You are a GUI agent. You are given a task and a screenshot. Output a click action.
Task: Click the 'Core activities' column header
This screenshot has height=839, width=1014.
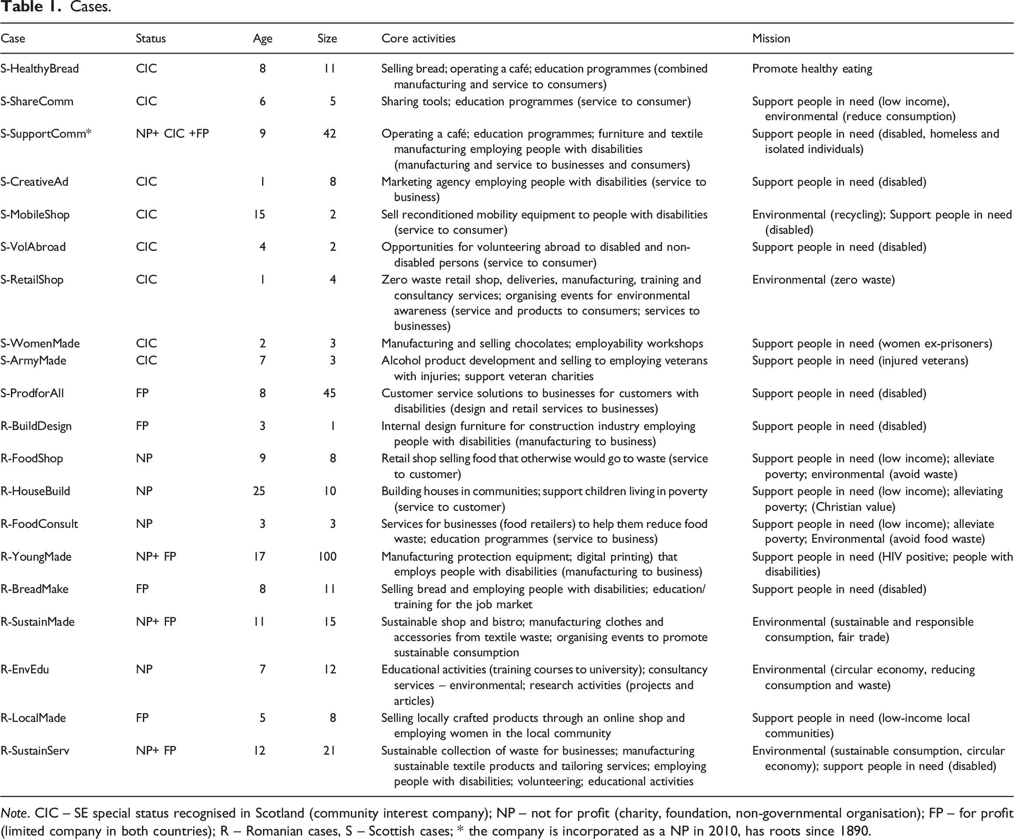[x=418, y=38]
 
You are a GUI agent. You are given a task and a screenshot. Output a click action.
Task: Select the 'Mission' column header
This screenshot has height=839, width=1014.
[x=771, y=38]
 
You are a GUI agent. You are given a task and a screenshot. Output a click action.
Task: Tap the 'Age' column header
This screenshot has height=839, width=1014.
[x=263, y=38]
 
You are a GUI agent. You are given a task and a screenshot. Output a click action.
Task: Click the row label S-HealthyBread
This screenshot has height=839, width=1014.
[x=40, y=69]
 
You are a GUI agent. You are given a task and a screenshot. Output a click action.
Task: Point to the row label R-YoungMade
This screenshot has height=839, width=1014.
[x=36, y=556]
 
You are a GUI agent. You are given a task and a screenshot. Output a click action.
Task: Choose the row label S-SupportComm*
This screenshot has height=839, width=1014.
[x=46, y=134]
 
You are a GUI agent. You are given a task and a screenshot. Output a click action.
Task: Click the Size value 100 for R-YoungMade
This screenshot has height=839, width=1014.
[x=327, y=556]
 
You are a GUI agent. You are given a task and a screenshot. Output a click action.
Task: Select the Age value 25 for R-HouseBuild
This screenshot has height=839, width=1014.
[x=260, y=491]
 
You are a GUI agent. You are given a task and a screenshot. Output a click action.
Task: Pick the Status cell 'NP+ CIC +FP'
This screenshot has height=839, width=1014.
[x=173, y=134]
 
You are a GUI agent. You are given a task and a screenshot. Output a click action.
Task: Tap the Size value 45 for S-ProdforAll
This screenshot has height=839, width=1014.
[x=329, y=393]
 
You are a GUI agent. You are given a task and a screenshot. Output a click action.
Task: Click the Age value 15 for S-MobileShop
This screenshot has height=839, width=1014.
[x=260, y=215]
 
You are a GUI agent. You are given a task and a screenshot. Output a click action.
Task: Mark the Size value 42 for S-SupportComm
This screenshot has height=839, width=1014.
[x=329, y=134]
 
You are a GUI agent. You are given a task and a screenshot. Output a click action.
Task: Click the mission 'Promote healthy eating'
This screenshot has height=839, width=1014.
[x=812, y=69]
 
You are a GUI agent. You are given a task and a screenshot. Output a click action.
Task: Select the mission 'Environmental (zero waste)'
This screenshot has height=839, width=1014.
[x=823, y=280]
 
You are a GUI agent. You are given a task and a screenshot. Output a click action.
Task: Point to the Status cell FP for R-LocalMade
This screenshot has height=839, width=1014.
[x=142, y=718]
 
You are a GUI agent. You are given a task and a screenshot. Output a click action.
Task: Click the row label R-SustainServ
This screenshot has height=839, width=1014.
[x=35, y=751]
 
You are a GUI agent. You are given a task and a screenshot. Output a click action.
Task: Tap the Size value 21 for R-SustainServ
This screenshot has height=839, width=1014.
[x=329, y=751]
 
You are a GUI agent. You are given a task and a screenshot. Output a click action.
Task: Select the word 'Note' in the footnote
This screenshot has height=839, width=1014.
[x=13, y=813]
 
